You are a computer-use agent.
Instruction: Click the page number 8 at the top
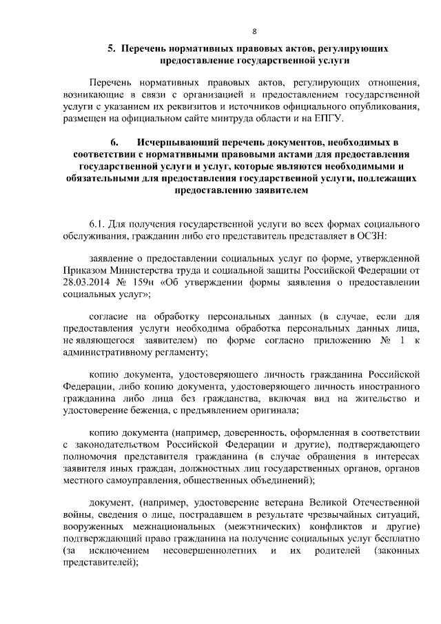[x=254, y=32]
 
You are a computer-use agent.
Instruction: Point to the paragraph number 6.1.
[x=99, y=225]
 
